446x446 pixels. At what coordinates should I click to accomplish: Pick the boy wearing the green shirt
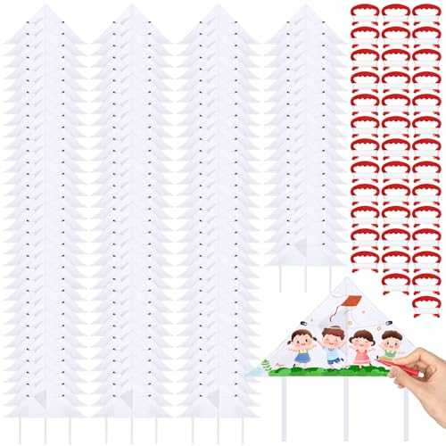tap(391, 343)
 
